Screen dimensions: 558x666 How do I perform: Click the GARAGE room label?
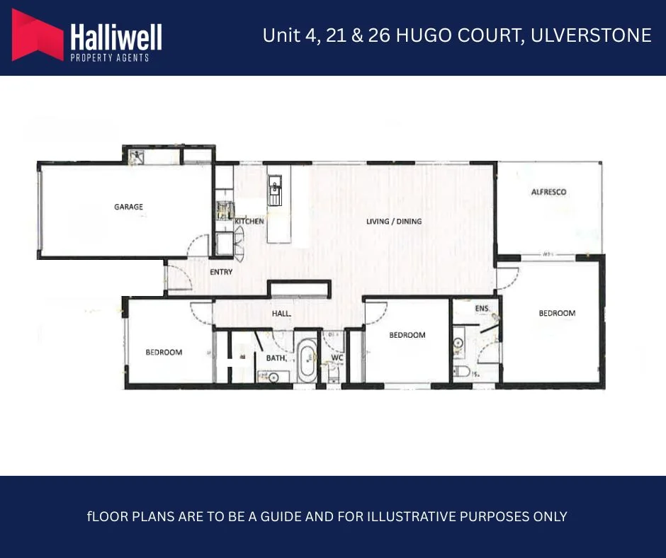[x=128, y=207]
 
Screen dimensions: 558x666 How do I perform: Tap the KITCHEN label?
[x=249, y=222]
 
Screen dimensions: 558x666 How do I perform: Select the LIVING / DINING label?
[x=393, y=222]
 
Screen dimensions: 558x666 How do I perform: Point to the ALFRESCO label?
[x=548, y=192]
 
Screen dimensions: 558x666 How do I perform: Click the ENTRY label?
[x=221, y=272]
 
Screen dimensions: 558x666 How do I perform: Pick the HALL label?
[x=282, y=314]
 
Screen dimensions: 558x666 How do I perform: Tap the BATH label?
[x=276, y=358]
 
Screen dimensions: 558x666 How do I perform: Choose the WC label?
[x=337, y=358]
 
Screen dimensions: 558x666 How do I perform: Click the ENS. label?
[x=482, y=309]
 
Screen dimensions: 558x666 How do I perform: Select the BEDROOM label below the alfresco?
[x=557, y=313]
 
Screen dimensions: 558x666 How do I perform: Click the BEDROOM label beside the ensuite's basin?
[x=407, y=335]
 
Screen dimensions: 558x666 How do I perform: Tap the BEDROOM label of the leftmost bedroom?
[x=164, y=352]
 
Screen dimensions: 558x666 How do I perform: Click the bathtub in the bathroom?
[x=307, y=363]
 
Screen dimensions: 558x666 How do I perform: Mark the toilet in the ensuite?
[x=463, y=371]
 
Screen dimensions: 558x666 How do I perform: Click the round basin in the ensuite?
[x=458, y=343]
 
